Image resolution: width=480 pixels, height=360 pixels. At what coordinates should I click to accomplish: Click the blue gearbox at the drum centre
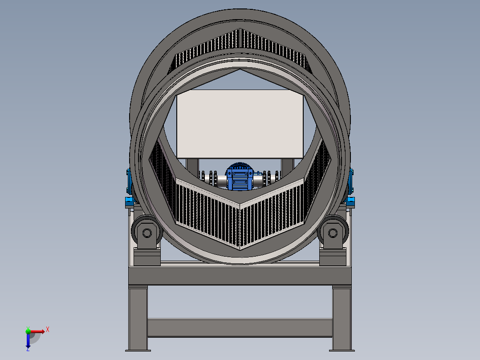240,178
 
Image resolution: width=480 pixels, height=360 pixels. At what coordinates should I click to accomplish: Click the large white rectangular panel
240,123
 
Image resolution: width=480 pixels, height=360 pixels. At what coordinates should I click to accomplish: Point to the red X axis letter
48,329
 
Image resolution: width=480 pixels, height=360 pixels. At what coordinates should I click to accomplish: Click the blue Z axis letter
28,349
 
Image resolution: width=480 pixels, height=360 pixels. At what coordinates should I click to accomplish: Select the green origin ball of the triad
28,331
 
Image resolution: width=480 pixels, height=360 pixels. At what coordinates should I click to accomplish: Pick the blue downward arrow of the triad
28,341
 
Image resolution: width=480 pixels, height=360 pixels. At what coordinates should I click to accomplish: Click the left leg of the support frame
138,319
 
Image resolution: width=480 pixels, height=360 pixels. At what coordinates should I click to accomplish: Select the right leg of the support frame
342,319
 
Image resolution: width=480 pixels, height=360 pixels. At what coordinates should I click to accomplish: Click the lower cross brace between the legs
240,328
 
